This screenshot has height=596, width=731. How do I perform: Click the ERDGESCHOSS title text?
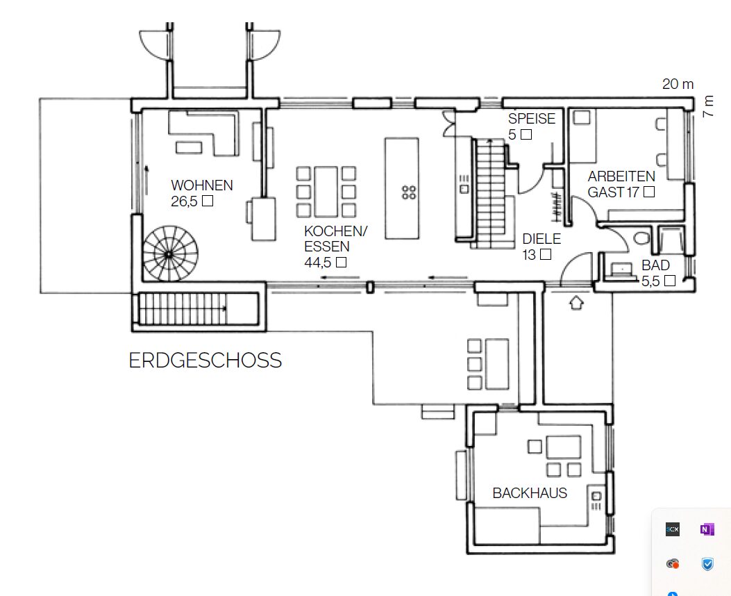tap(205, 360)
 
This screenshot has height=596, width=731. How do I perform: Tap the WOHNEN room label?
tap(202, 185)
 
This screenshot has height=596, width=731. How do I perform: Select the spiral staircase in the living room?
tap(169, 254)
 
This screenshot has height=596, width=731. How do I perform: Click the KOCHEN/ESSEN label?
tap(336, 239)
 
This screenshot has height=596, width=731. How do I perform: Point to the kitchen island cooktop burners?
tap(409, 192)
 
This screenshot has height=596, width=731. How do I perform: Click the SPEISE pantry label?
tap(532, 119)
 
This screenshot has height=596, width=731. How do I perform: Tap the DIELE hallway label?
tap(541, 239)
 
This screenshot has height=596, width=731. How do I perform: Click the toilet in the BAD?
tap(642, 238)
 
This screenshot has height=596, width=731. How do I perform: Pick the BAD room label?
tap(655, 265)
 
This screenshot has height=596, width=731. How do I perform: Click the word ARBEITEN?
tap(621, 176)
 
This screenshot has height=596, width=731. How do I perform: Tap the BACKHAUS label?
tap(530, 493)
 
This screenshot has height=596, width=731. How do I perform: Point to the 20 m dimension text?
tap(678, 84)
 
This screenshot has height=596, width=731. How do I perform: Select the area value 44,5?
tap(317, 263)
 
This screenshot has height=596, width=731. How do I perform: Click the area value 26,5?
tap(184, 201)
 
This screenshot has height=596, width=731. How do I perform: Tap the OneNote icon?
tap(707, 530)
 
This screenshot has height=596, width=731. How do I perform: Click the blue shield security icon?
tap(707, 564)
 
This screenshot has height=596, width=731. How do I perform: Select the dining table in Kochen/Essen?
tap(326, 192)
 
